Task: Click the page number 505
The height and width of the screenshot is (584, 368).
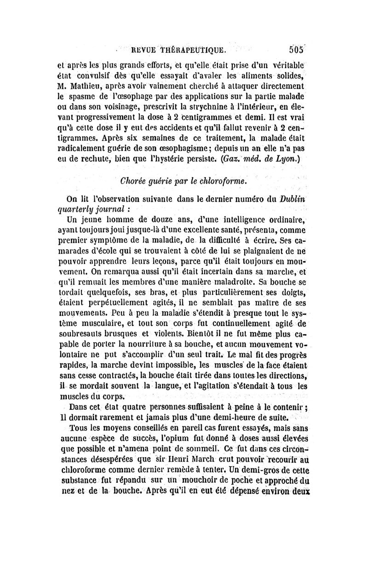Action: coord(299,50)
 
